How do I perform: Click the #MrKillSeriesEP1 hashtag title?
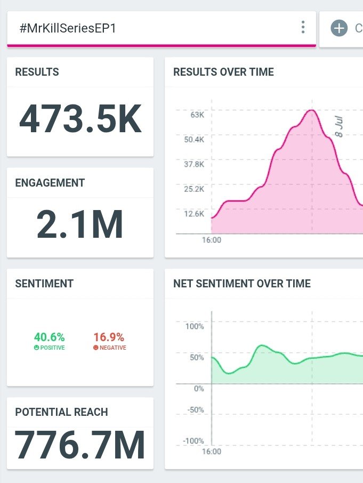(x=68, y=28)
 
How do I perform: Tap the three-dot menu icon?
(x=303, y=27)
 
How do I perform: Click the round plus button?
(x=339, y=28)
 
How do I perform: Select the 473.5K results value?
(x=80, y=119)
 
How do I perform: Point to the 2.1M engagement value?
(x=80, y=224)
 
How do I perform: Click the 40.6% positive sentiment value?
(x=49, y=337)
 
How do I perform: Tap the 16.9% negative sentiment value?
(x=109, y=337)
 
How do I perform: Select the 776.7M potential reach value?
(x=80, y=445)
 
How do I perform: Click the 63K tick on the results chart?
(x=197, y=115)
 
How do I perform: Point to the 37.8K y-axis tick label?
(x=194, y=164)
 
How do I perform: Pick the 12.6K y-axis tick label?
(x=194, y=214)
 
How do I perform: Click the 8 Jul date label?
(x=338, y=126)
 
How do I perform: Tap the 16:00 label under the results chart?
(x=212, y=240)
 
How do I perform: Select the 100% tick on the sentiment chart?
(x=195, y=326)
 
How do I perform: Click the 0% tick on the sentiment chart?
(x=199, y=389)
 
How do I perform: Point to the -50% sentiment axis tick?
(x=196, y=410)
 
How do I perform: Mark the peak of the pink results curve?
(x=312, y=110)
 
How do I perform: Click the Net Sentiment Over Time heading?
(x=242, y=284)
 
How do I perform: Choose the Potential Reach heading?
(x=62, y=412)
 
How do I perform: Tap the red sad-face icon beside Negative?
(x=96, y=348)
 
